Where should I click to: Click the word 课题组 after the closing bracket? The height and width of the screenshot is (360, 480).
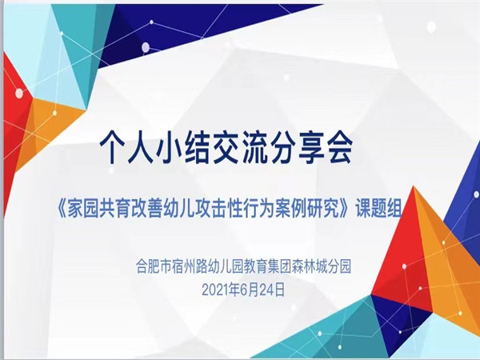378,210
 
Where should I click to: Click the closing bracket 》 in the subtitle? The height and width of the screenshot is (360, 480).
346,210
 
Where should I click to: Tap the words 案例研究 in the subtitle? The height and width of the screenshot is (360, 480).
309,210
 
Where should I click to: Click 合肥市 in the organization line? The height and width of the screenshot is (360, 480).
150,266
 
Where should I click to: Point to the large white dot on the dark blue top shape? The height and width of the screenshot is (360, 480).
146,47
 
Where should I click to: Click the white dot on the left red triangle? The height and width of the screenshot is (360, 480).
19,93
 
